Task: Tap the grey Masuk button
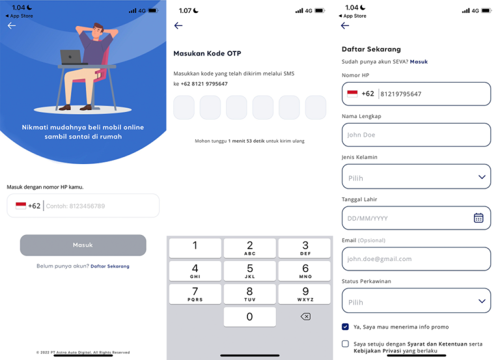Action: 83,245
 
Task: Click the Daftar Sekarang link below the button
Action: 109,266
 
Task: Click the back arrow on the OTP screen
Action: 178,25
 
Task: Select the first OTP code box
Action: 184,107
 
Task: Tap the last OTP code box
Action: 316,107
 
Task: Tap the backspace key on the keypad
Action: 305,316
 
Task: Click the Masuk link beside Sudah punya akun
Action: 419,61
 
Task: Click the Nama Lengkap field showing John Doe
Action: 416,135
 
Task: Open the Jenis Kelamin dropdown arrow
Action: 482,177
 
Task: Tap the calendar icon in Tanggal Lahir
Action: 479,218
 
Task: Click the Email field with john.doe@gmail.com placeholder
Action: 416,258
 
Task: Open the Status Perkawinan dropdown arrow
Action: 482,301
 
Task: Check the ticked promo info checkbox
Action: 345,327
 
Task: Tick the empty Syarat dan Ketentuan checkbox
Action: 345,344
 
